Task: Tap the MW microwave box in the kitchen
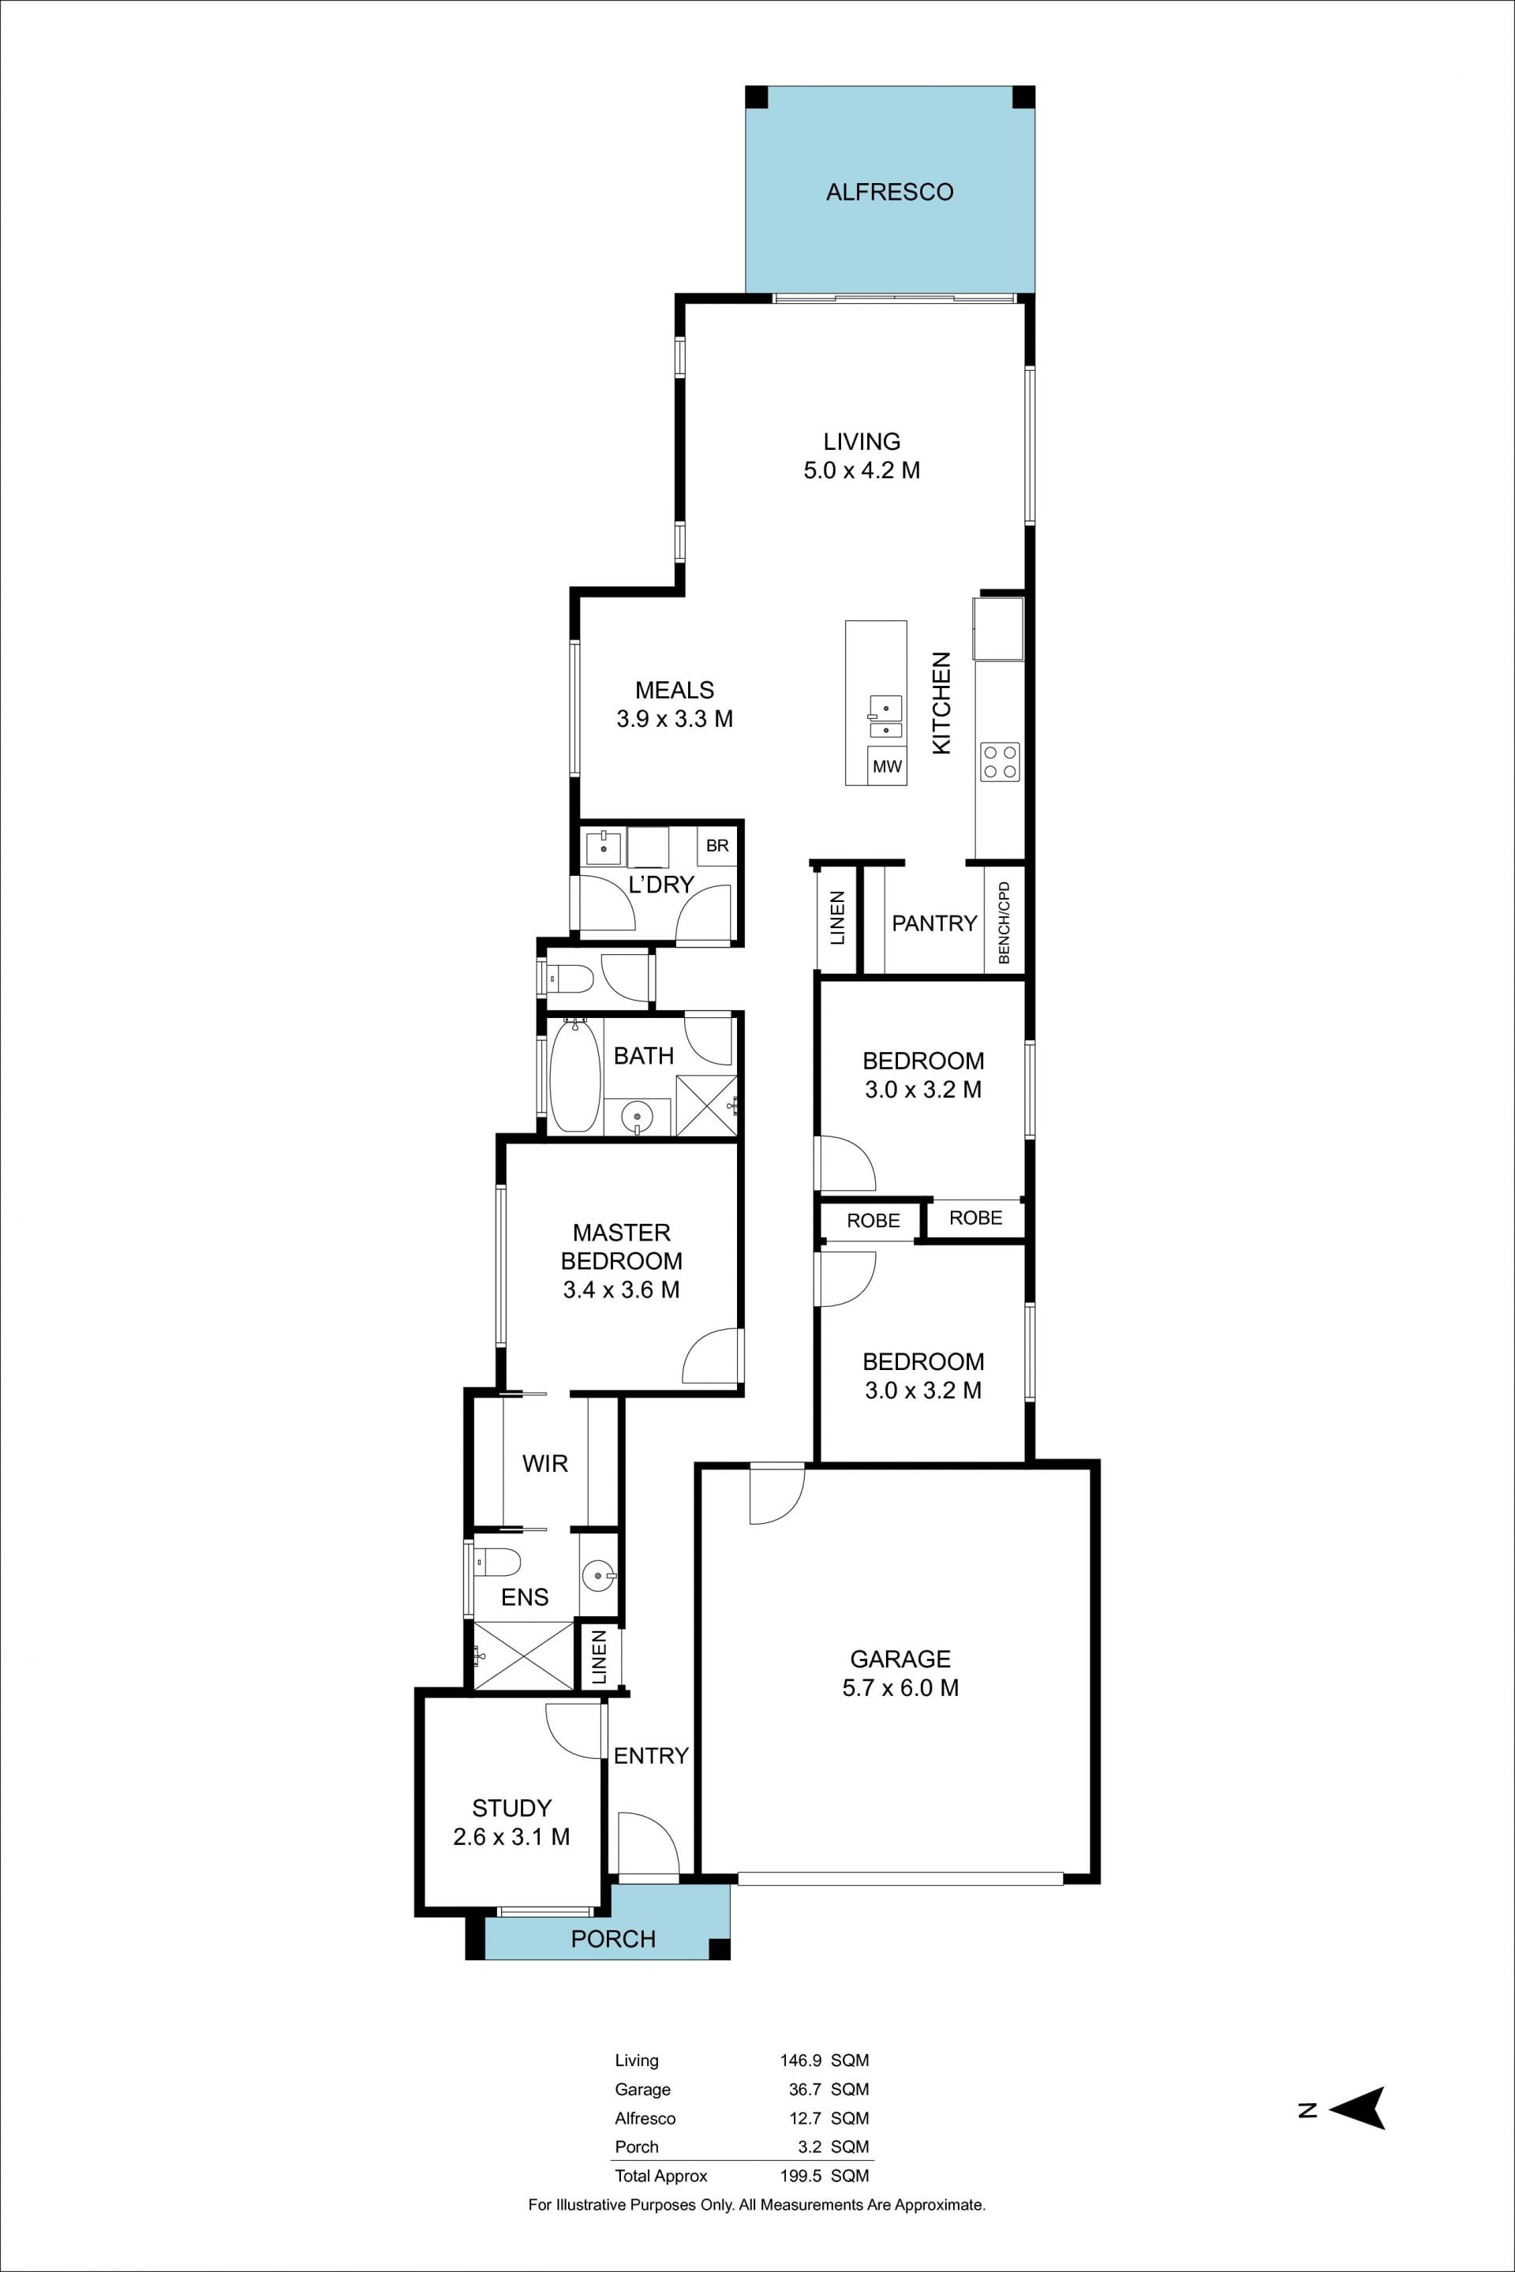(x=887, y=765)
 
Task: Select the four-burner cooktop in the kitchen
(x=1000, y=761)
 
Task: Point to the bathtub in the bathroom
(x=575, y=1076)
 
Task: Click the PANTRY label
(x=934, y=923)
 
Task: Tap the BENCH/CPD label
(x=1004, y=921)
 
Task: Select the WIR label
(x=545, y=1462)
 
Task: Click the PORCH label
(x=614, y=1939)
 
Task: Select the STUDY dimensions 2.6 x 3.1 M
(x=511, y=1836)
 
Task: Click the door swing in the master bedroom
(x=712, y=1356)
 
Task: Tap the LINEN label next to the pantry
(x=836, y=917)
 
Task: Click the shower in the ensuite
(x=522, y=1656)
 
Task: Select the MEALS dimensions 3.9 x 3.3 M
(x=675, y=718)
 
